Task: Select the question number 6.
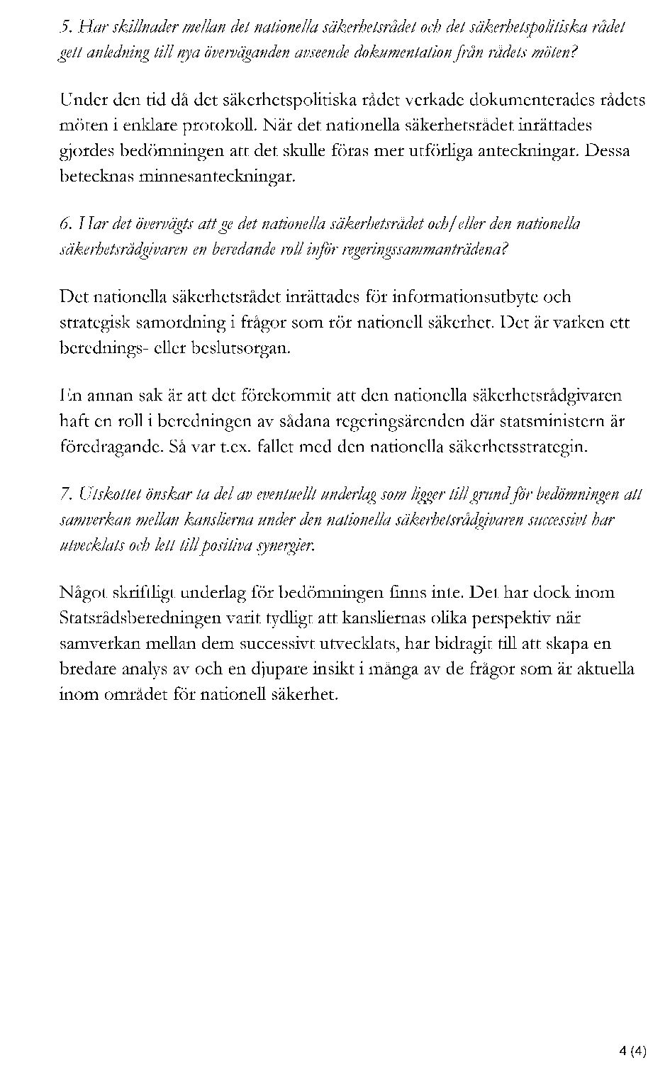[65, 225]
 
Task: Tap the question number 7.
[65, 494]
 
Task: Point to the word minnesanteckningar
[216, 177]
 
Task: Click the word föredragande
[104, 447]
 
